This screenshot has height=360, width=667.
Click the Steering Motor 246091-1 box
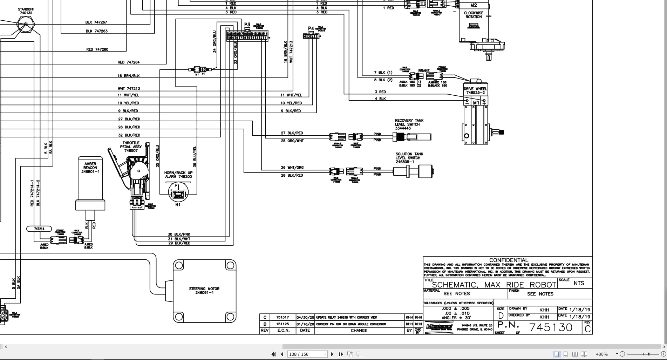[x=204, y=291]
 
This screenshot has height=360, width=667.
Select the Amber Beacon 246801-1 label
[x=90, y=168]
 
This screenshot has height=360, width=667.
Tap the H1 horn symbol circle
[x=178, y=192]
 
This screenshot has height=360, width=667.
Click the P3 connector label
[x=247, y=25]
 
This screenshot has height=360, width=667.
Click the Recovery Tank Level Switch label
[x=409, y=124]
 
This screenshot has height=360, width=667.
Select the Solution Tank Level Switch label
[x=409, y=158]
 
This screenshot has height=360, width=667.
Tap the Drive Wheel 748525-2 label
[x=475, y=91]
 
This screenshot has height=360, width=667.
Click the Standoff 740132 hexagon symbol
[x=26, y=25]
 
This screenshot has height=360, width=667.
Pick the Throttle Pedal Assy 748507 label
[x=131, y=147]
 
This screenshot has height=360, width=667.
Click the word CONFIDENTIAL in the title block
[x=508, y=260]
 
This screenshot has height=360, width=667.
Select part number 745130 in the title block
[x=551, y=327]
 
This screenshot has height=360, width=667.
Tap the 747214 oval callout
[x=39, y=229]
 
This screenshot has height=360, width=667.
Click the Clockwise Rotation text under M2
[x=473, y=15]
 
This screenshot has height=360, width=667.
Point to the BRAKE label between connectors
[x=423, y=70]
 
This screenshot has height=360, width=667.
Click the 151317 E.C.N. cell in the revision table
[x=282, y=317]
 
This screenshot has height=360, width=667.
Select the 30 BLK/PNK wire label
[x=179, y=234]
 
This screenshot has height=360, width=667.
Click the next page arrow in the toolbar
[x=332, y=354]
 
